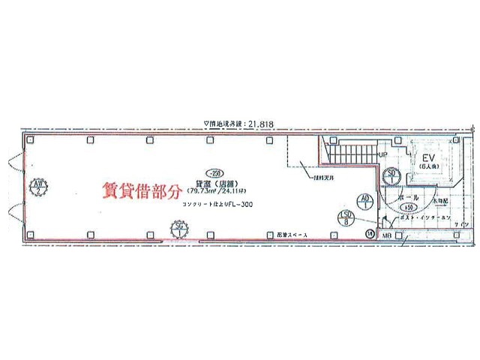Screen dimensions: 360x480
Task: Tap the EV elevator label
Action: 428,159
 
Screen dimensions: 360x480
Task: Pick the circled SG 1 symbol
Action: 178,226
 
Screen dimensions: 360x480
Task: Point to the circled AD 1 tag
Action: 365,200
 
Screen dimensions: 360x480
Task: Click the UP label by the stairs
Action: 382,155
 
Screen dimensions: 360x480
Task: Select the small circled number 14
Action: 369,235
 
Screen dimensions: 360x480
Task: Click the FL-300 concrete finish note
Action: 218,203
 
